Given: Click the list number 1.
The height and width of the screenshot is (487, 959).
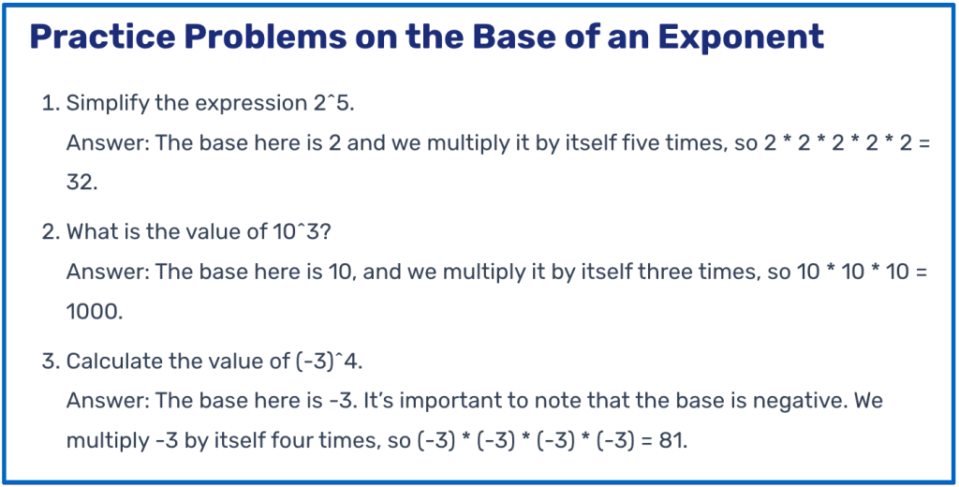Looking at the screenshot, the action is click(49, 104).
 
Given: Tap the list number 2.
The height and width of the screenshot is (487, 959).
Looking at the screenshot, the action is click(49, 232).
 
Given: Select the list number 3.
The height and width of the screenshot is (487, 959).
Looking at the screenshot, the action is click(49, 361).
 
